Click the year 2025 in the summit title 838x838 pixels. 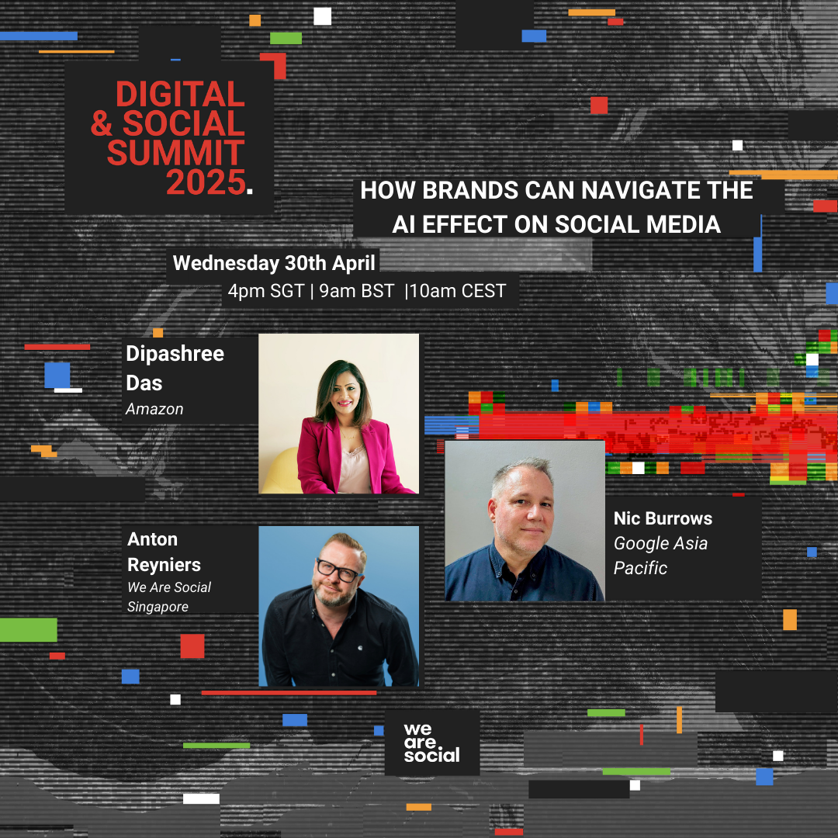[x=206, y=182]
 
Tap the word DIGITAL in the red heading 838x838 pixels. [x=180, y=94]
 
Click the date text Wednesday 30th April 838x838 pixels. [x=274, y=263]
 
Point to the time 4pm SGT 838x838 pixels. [x=266, y=291]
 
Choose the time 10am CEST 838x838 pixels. [x=458, y=291]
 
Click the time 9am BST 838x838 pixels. [x=356, y=291]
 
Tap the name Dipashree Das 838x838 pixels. [x=175, y=369]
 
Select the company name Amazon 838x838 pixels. [x=154, y=409]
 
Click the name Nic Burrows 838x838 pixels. [x=663, y=518]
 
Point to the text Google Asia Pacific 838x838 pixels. [x=660, y=556]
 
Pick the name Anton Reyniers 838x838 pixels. [x=164, y=552]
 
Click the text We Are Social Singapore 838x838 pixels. [x=169, y=597]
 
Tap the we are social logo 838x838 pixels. [x=432, y=743]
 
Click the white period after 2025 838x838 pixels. [x=250, y=190]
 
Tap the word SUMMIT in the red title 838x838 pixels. [x=176, y=153]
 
